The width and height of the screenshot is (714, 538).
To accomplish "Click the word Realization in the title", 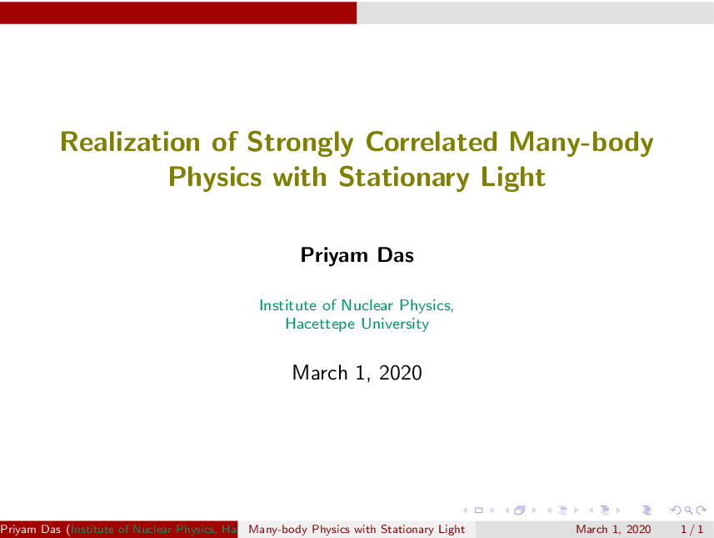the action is (x=130, y=142).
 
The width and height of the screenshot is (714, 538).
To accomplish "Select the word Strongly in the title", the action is (x=300, y=143).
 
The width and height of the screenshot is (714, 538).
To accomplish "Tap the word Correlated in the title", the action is (x=432, y=142).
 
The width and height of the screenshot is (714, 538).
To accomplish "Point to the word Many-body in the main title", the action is (x=582, y=143).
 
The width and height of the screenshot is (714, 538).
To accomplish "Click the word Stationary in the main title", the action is (x=404, y=178).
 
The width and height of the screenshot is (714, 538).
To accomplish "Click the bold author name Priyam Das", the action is (x=357, y=255).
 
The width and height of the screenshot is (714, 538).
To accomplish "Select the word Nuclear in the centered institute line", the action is (x=367, y=305).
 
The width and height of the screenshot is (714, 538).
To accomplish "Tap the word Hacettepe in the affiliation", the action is (x=320, y=324).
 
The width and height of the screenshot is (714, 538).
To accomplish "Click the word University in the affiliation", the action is (x=395, y=324).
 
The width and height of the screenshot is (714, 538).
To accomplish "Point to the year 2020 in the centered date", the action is (x=400, y=373).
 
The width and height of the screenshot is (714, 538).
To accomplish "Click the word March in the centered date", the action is (x=320, y=373).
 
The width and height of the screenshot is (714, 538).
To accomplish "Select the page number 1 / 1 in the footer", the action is (x=692, y=530).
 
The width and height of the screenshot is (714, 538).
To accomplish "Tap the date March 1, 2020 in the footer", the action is (x=613, y=530).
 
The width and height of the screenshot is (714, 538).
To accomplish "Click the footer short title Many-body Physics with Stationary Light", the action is (x=357, y=530).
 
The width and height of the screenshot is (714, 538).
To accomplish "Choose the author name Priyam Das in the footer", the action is (x=31, y=530).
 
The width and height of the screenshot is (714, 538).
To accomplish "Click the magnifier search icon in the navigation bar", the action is (x=688, y=510).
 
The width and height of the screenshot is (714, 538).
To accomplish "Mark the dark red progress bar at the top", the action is (x=178, y=13).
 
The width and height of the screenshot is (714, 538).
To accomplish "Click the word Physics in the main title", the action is (x=216, y=178).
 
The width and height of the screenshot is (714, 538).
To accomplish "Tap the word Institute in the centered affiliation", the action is (x=287, y=305).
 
